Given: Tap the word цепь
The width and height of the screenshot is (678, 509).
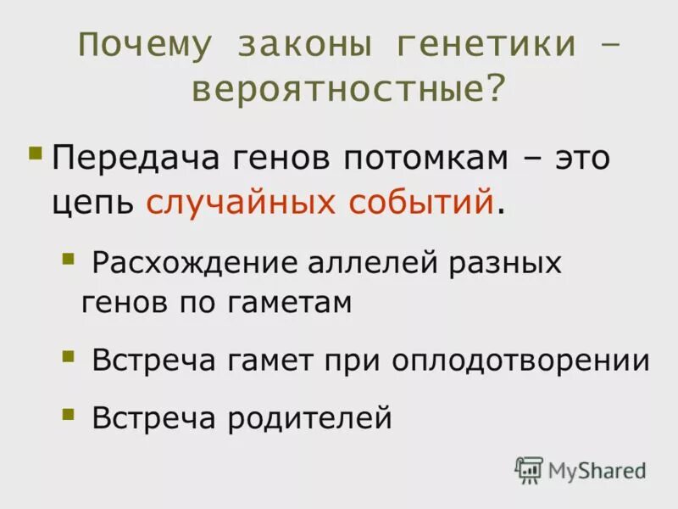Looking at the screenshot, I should [92, 204].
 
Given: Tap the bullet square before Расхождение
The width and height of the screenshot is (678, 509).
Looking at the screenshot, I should [68, 256].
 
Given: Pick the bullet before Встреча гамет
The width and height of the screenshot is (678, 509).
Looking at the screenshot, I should [68, 355].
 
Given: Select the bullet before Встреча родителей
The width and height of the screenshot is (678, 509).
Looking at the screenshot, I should [68, 412].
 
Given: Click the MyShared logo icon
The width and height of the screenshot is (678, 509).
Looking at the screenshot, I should [528, 469].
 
